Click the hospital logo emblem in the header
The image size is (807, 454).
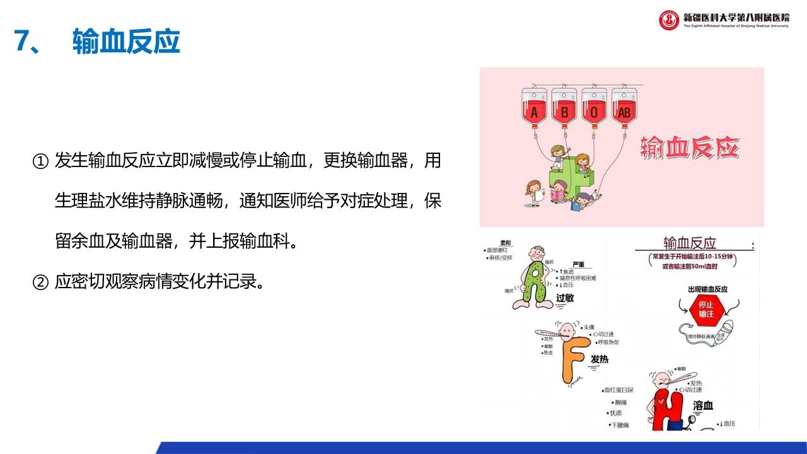pyautogui.click(x=669, y=20)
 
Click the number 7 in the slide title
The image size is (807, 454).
pyautogui.click(x=23, y=42)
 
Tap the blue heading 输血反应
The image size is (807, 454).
pyautogui.click(x=126, y=42)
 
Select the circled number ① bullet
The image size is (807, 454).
pyautogui.click(x=40, y=161)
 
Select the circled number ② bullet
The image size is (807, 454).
pyautogui.click(x=40, y=282)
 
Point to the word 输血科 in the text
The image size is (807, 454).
pyautogui.click(x=265, y=241)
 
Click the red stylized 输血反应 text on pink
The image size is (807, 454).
pyautogui.click(x=689, y=148)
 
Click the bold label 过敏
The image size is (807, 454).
pyautogui.click(x=565, y=298)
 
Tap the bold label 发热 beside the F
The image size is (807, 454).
pyautogui.click(x=600, y=359)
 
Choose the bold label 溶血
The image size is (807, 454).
pyautogui.click(x=702, y=405)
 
